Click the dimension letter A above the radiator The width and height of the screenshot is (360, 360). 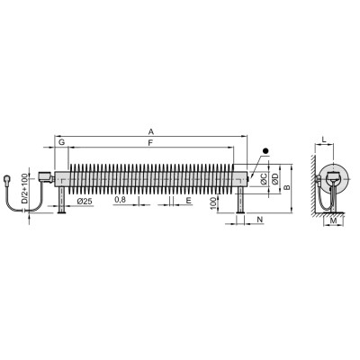(x=151, y=131)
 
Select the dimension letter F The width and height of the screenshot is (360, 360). (x=150, y=143)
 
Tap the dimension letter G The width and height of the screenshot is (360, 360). (x=61, y=142)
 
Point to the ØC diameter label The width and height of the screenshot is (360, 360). (x=264, y=179)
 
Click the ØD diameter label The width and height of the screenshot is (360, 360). (x=275, y=179)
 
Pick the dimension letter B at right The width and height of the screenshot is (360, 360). (x=287, y=187)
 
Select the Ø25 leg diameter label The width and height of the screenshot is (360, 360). (x=85, y=202)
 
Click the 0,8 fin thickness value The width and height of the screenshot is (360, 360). (x=120, y=200)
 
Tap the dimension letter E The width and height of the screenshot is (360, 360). (x=188, y=201)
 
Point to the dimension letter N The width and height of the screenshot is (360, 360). (x=260, y=220)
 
